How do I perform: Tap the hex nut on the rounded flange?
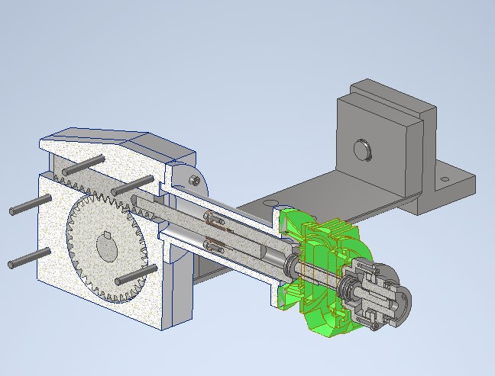pyautogui.click(x=196, y=180)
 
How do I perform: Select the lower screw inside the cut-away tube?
pyautogui.click(x=215, y=246)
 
